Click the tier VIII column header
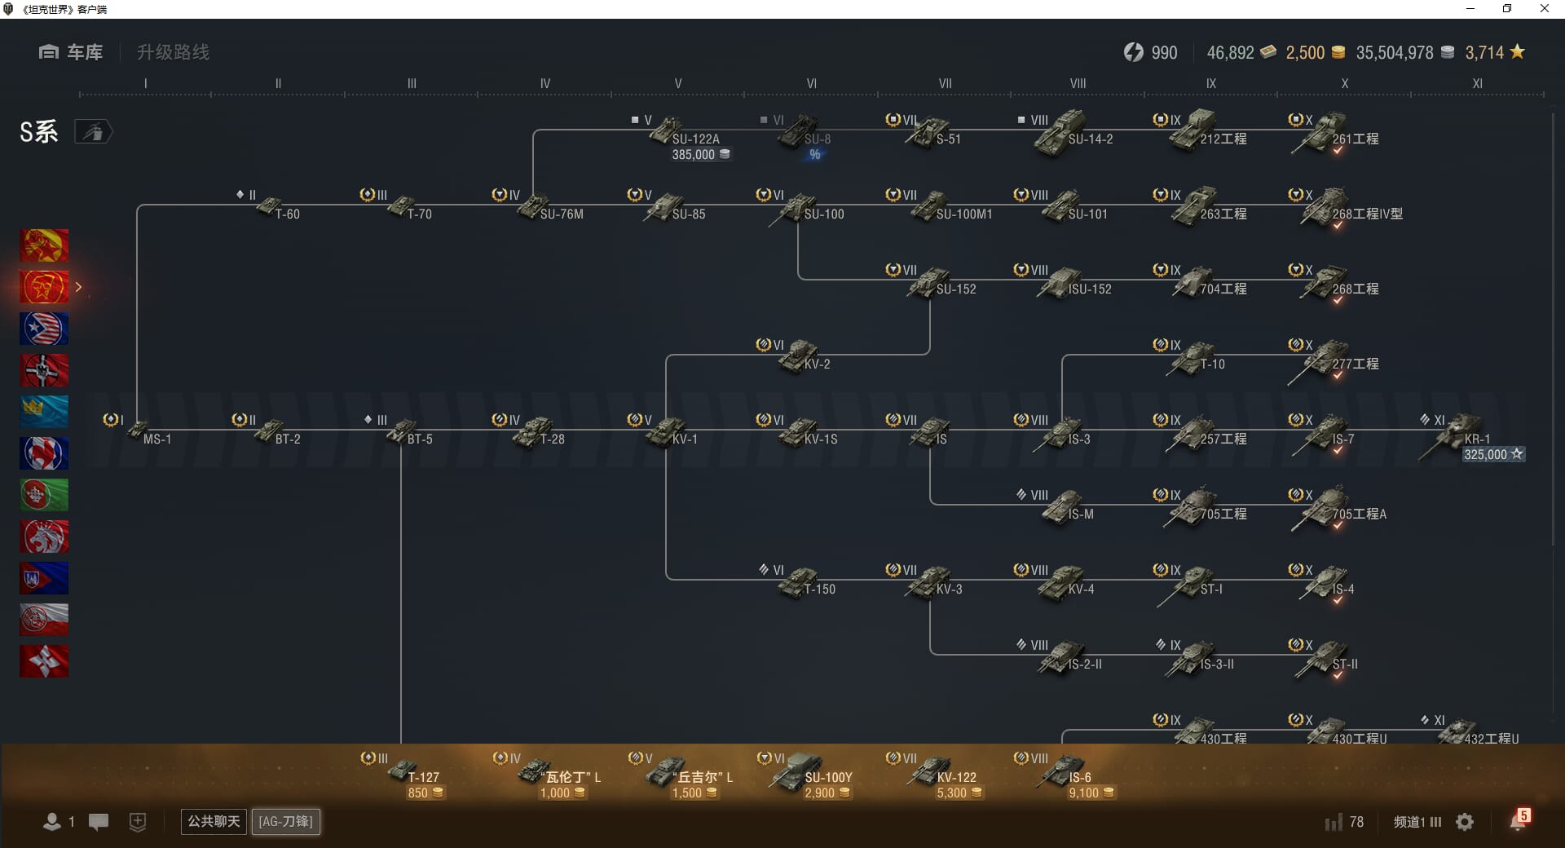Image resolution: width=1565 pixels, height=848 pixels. (x=1078, y=83)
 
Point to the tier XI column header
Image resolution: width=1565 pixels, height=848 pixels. (x=1477, y=83)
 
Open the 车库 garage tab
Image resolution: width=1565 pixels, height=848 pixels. (x=71, y=52)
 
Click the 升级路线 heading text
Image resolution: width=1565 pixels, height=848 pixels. (x=173, y=52)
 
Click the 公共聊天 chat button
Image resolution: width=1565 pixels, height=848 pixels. (x=214, y=821)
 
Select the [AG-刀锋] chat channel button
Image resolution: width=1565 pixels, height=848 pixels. (x=285, y=821)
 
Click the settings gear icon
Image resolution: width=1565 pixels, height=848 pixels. (x=1465, y=822)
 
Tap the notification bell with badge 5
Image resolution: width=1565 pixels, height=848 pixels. (x=1517, y=821)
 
